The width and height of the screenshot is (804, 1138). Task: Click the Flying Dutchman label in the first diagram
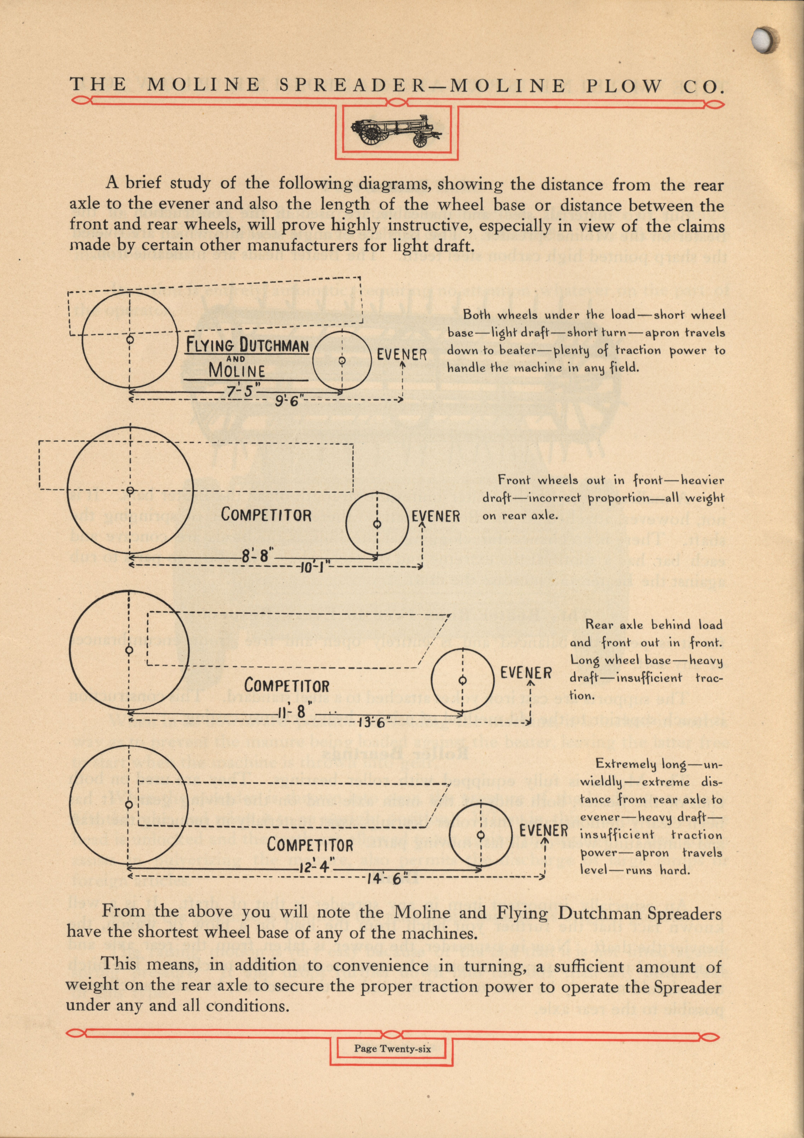pos(247,346)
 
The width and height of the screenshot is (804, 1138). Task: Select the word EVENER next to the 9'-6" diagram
pos(402,355)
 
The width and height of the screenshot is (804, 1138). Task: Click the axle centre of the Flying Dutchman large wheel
pos(130,340)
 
